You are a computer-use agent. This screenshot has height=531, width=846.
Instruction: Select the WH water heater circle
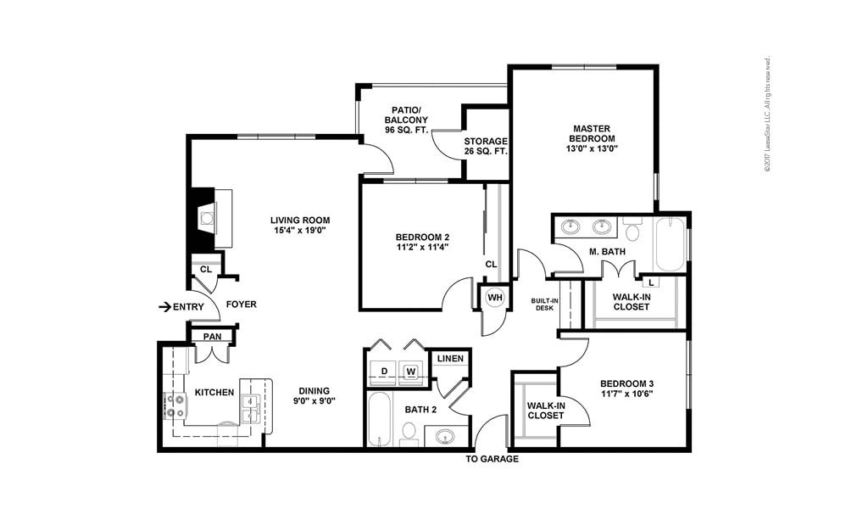[494, 298]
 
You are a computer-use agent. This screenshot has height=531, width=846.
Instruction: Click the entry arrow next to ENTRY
[164, 306]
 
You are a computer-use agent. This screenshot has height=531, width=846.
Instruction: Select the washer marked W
[411, 371]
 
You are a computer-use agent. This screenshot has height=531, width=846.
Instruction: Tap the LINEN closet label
[449, 359]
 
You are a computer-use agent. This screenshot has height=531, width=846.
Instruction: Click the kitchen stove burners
[176, 406]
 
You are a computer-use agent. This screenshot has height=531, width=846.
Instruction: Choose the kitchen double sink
[250, 408]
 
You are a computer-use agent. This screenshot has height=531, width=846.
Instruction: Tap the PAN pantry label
[212, 337]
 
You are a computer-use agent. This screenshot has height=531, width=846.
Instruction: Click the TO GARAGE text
[492, 459]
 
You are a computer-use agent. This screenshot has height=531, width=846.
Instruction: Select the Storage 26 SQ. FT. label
[485, 146]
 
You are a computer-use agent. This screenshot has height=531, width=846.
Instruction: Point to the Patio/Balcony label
[403, 120]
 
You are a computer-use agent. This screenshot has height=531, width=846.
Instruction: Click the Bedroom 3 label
[626, 388]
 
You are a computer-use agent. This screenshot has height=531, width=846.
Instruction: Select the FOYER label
[241, 305]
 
